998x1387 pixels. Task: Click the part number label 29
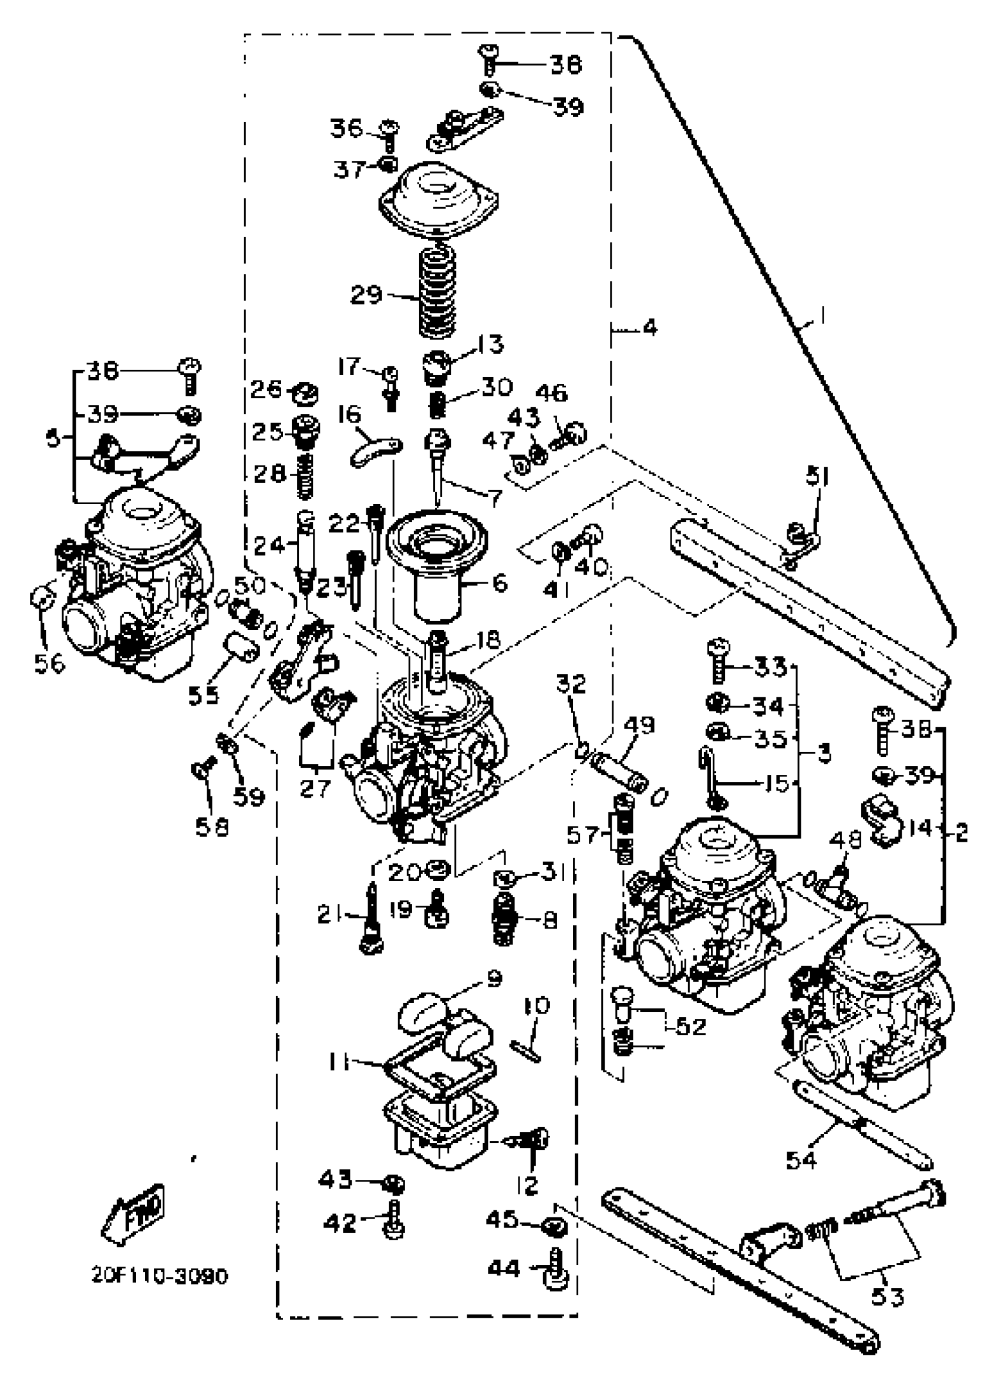pos(366,295)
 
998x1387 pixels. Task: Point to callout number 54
pos(802,1157)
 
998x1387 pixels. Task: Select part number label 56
pos(49,663)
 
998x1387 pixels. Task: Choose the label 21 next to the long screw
pos(329,916)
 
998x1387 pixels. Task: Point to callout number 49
pos(639,725)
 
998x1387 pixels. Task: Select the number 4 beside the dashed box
pos(649,328)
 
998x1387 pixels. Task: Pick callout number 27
pos(315,788)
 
